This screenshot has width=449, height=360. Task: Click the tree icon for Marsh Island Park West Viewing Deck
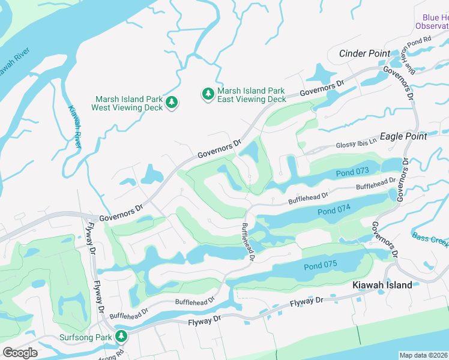click(x=172, y=103)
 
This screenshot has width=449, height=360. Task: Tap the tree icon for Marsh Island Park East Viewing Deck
click(x=208, y=94)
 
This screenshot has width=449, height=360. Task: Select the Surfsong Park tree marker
click(x=122, y=337)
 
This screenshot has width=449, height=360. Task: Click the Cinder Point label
click(x=364, y=53)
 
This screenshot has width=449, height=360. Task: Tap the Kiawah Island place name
click(x=382, y=285)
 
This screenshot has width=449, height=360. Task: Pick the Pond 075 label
click(x=321, y=266)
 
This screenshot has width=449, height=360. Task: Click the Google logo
click(x=20, y=352)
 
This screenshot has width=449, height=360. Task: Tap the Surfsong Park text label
click(x=85, y=337)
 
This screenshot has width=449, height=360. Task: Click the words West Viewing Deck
click(x=127, y=108)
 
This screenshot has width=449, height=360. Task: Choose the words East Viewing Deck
click(x=252, y=99)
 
